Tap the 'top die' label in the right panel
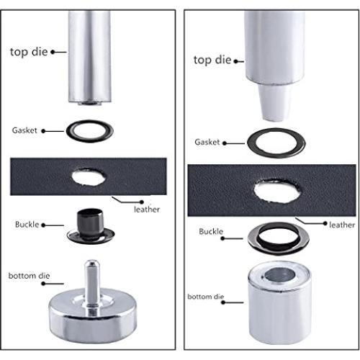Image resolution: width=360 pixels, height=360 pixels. coord(212,60)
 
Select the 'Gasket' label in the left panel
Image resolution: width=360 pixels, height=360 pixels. coord(24,130)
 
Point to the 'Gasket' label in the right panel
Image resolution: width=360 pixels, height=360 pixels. coord(207,143)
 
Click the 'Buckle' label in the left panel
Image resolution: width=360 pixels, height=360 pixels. coord(27,225)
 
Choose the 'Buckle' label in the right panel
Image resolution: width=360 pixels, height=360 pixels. coord(210,233)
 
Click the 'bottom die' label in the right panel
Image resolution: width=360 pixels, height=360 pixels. coord(203,296)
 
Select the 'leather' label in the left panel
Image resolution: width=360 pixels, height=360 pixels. coord(147,210)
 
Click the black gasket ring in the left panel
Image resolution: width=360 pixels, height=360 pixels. coord(90,131)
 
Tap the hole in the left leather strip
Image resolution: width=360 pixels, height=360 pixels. coord(89,176)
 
